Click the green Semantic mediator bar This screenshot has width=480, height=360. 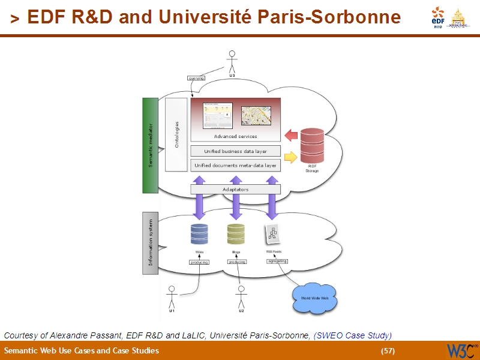point(149,145)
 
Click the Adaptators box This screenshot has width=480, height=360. point(235,189)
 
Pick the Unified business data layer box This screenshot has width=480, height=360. point(235,151)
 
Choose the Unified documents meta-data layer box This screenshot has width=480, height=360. point(235,164)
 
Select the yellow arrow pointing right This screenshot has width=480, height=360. point(290,158)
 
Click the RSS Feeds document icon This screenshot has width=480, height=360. point(273,235)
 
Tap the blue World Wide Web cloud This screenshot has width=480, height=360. point(314,298)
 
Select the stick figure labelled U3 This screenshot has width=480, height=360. point(232,62)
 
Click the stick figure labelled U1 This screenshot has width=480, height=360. point(172,298)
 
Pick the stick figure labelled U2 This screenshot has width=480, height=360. point(241,298)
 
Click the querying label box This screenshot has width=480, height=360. point(196,79)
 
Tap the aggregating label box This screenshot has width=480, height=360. point(277,262)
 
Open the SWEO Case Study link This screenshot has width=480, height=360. point(353,335)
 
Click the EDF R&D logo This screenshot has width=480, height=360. point(438,19)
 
